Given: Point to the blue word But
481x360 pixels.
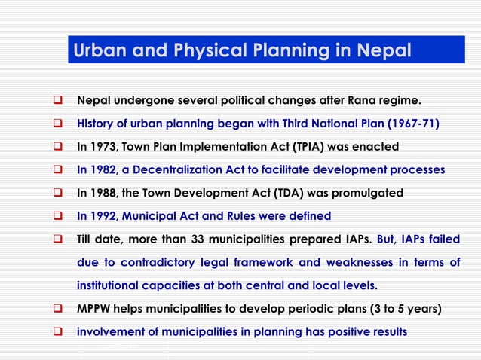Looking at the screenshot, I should pos(385,240).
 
